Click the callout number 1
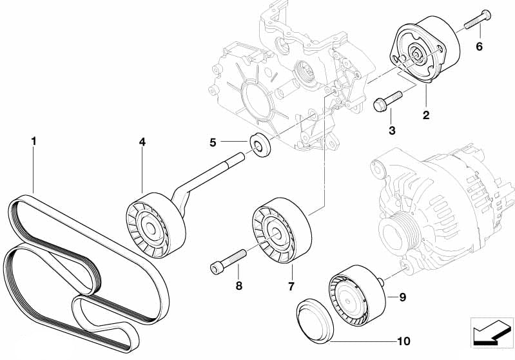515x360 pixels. [x=34, y=139]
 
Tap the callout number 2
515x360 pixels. [x=426, y=116]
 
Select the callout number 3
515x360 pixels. [x=391, y=130]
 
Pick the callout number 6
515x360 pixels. [x=479, y=46]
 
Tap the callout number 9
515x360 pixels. [x=402, y=297]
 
